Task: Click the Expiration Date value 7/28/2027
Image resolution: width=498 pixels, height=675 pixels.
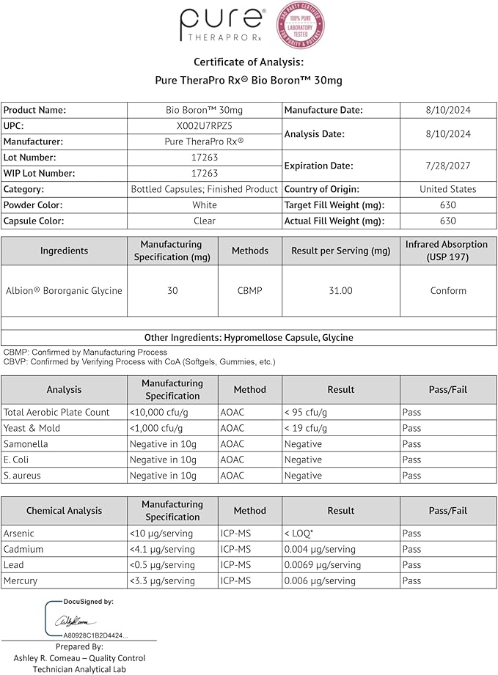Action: point(448,166)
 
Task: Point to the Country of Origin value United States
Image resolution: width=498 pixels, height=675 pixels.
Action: point(448,189)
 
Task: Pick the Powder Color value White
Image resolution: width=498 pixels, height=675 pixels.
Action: point(204,205)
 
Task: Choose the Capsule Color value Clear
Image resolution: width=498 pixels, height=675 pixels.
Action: point(204,221)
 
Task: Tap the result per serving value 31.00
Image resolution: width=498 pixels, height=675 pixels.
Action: point(341,291)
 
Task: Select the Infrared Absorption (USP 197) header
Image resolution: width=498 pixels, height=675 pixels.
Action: point(447,251)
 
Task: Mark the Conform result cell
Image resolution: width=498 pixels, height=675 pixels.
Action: point(448,291)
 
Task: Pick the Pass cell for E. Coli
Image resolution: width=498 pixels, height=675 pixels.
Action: point(411,460)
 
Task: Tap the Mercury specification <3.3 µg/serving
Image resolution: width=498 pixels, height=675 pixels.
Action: point(162,580)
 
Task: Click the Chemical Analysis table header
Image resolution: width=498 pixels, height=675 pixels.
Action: point(64,511)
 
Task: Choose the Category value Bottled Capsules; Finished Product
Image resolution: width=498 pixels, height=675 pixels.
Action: point(204,189)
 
